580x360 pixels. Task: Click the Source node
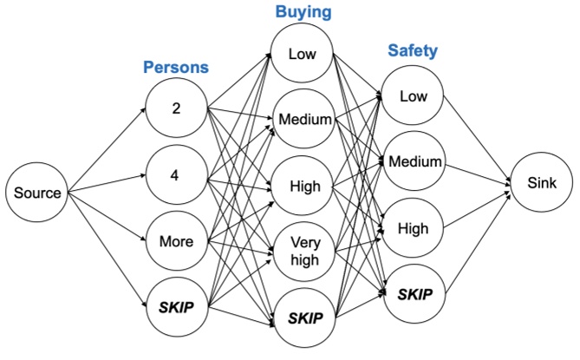tap(36, 193)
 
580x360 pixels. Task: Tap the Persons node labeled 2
tap(176, 110)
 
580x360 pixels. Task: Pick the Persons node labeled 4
tap(176, 175)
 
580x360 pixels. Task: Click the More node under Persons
tap(176, 240)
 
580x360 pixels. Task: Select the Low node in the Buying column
tap(302, 55)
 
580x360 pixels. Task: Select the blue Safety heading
tap(411, 50)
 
